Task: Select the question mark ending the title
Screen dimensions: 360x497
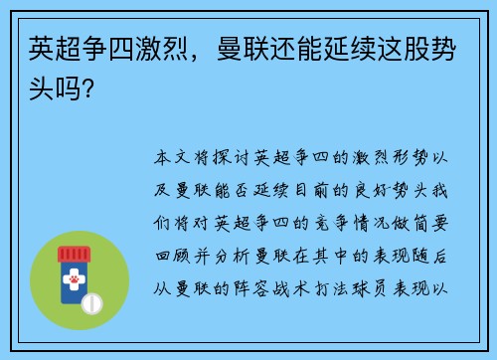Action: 90,88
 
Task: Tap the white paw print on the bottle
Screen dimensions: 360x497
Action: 74,282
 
